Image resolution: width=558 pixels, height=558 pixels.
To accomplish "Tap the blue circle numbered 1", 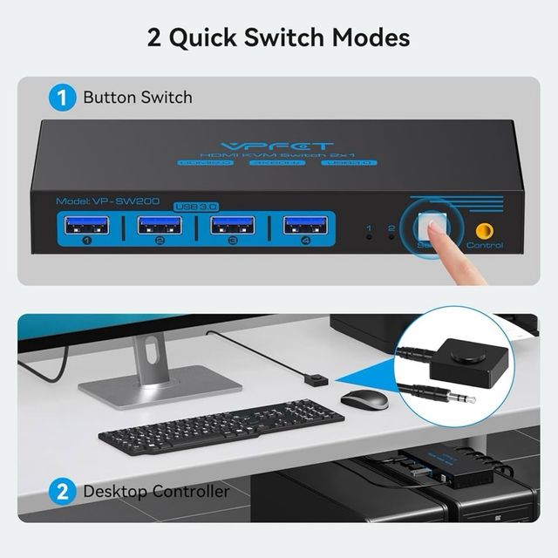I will click(62, 97).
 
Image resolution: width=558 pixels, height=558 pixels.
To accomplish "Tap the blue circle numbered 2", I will click(62, 491).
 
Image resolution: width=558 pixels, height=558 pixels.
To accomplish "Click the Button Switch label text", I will click(138, 97).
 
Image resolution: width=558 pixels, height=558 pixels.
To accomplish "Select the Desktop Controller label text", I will click(156, 491).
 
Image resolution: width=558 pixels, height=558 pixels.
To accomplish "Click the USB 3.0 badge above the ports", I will click(196, 206).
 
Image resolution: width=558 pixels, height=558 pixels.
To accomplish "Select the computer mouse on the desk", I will click(364, 399).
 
